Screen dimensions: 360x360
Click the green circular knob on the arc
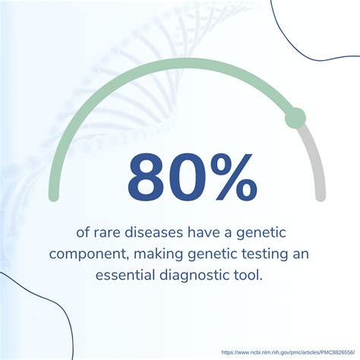coord(294,118)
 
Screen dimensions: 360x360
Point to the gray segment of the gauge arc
coord(317,159)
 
